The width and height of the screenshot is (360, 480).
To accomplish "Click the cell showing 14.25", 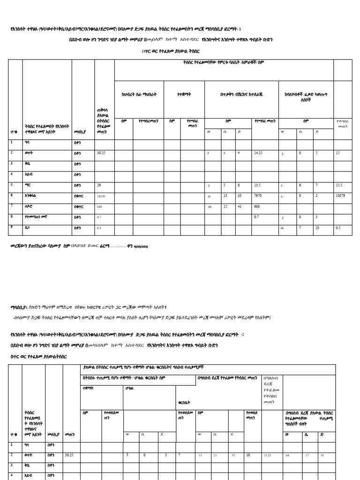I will (258, 153).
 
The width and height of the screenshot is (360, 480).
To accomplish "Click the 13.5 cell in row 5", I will (258, 185).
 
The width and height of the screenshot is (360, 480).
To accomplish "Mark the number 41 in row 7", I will (240, 207).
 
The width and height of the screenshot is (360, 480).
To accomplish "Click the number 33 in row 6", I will (240, 196).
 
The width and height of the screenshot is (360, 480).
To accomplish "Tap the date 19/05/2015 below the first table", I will (141, 246).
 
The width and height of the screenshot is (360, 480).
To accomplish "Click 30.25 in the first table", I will (101, 153).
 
